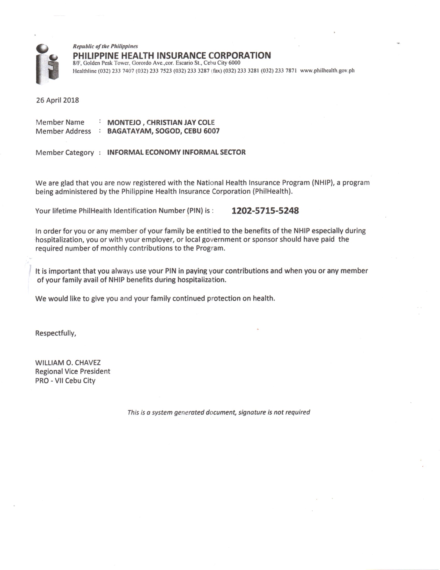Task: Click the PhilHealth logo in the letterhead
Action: [47, 64]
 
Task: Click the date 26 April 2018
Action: [57, 101]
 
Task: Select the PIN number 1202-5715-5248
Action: [265, 211]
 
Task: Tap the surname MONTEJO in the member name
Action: [124, 122]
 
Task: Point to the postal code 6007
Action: [211, 131]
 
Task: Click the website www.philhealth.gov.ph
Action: [327, 70]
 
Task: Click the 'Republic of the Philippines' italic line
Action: [105, 46]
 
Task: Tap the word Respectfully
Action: [56, 333]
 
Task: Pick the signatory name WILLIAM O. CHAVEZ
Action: [68, 362]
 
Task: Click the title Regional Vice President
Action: [72, 371]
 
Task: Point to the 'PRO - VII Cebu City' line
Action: [65, 381]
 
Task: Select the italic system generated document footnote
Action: [218, 412]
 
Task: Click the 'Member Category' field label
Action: [64, 152]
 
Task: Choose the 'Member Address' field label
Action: [63, 131]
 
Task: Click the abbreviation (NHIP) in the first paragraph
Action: [322, 182]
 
